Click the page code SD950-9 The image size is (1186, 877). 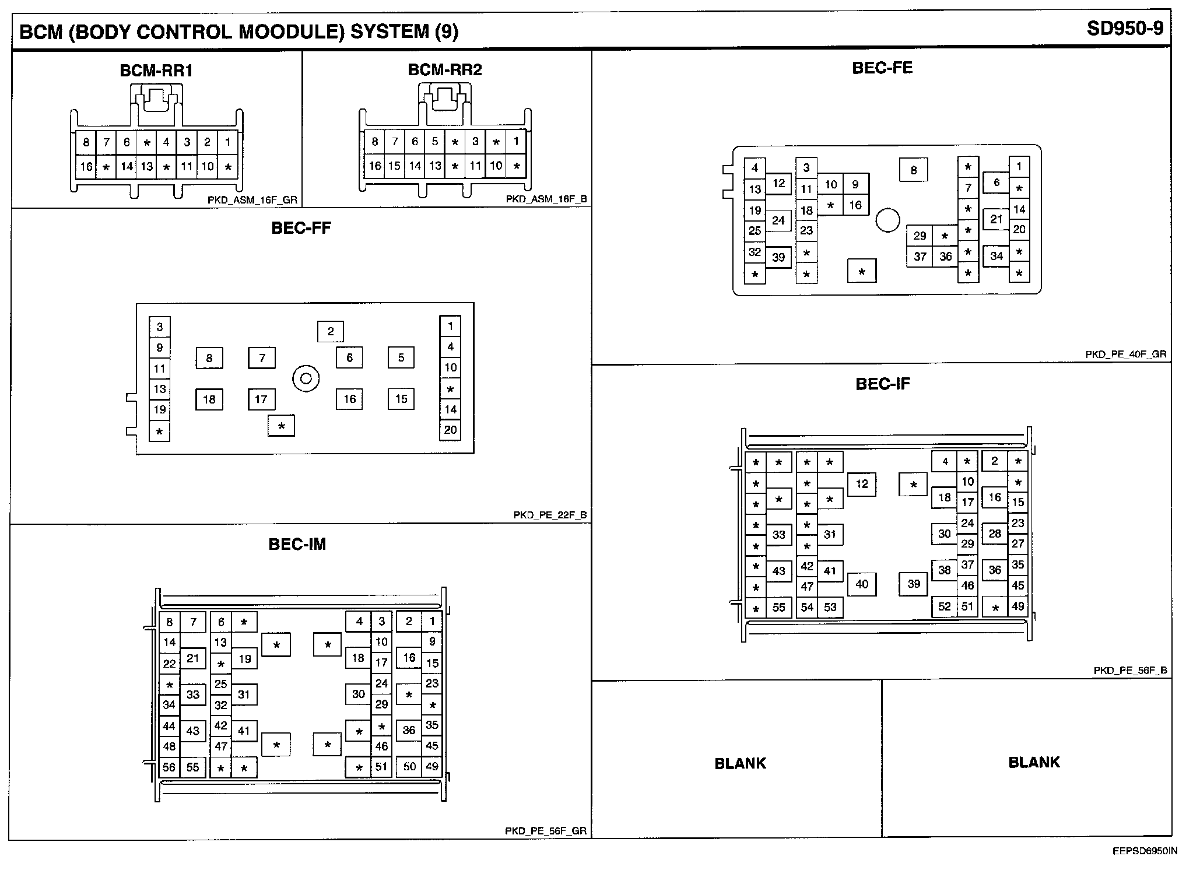tap(1125, 29)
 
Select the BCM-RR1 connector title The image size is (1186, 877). tap(156, 71)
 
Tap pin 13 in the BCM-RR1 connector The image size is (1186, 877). tap(147, 167)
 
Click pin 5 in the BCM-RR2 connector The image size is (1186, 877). tap(435, 142)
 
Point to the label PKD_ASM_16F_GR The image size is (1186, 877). tap(252, 199)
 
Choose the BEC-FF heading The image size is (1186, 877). tap(301, 228)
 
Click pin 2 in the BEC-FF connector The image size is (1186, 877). tap(331, 332)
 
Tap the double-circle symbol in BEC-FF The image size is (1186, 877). tap(306, 379)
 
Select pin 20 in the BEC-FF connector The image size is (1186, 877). tap(450, 430)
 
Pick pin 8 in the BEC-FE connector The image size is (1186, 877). tap(914, 170)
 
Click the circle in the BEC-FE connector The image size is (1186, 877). tap(887, 220)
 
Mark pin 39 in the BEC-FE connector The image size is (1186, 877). tap(778, 257)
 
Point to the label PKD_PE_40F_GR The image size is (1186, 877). tap(1125, 354)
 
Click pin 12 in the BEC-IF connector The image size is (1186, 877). tap(862, 484)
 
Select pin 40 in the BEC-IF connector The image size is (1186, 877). tap(862, 584)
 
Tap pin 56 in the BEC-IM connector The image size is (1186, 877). tap(169, 767)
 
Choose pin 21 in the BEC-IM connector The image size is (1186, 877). tap(193, 659)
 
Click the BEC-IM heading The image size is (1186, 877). tap(297, 544)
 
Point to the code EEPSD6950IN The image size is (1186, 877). tap(1140, 867)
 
